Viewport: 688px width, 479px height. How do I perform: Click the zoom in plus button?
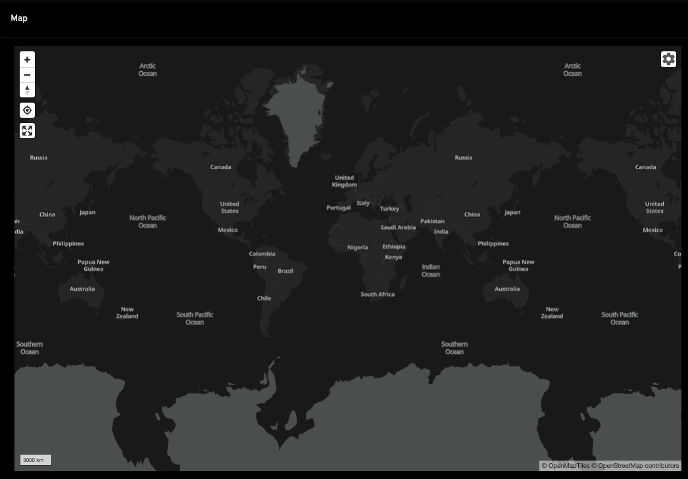[27, 60]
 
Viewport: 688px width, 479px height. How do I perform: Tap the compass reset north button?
[27, 89]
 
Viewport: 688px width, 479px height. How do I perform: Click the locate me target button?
[27, 110]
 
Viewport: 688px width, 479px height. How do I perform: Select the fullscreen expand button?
[27, 130]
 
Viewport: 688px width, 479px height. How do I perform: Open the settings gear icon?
[668, 59]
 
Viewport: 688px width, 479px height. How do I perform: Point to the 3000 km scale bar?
[36, 460]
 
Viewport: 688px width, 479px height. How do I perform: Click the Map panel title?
[19, 18]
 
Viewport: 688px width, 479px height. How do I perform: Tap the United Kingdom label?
[344, 181]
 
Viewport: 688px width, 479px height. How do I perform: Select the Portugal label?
[339, 208]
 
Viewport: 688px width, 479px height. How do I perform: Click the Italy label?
[363, 203]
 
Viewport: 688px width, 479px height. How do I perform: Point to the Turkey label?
[389, 209]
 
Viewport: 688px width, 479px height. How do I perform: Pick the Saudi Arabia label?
[398, 228]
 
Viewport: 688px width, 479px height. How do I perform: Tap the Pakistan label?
[432, 221]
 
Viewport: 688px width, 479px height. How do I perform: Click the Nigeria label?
[358, 247]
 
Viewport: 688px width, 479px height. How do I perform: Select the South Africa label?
[378, 294]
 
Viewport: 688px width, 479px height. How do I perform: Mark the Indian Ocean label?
[431, 270]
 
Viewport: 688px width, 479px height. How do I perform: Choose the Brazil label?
[285, 271]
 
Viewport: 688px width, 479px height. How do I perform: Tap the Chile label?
[264, 298]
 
